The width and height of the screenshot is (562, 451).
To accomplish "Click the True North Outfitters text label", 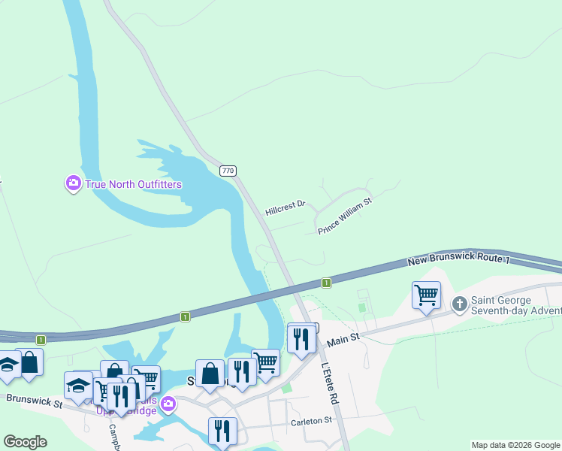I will (x=134, y=184).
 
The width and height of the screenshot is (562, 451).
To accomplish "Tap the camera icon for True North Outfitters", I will (x=73, y=183).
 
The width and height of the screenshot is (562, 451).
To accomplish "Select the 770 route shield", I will (x=228, y=171).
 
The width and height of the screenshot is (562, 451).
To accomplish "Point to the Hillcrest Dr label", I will (x=286, y=207).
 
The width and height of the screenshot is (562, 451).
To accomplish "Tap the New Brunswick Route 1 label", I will (x=458, y=260).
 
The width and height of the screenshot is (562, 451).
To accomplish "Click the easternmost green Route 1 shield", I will (x=327, y=283).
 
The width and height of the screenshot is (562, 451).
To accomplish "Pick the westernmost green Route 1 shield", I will (x=41, y=340).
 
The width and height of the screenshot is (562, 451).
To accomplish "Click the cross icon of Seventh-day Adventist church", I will (x=460, y=304).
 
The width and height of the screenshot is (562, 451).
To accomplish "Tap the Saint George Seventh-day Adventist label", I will (x=516, y=305).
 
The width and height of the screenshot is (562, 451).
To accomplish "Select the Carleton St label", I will (x=311, y=422).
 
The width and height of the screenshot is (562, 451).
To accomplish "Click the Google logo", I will (x=25, y=442).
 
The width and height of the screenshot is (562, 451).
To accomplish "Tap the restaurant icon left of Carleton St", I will (x=222, y=430).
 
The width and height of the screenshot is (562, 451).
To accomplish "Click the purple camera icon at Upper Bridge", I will (x=168, y=404).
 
